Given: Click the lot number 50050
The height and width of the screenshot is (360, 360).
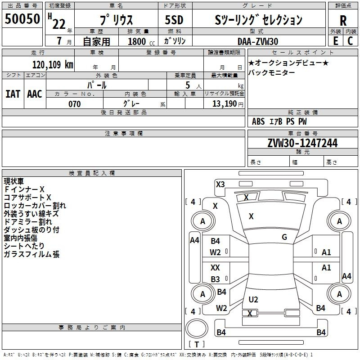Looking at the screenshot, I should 22,19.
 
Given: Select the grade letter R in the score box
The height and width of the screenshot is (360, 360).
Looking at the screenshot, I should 343,20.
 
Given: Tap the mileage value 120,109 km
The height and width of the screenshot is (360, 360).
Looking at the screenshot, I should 53,64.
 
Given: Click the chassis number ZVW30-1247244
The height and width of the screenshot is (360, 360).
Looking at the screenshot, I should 302,144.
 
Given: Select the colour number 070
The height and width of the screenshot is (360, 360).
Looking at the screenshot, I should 74,104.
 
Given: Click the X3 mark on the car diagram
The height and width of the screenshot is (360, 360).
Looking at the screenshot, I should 220,184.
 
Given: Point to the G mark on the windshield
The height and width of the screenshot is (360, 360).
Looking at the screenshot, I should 284,237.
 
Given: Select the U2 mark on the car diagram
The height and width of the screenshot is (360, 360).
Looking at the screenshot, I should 253,300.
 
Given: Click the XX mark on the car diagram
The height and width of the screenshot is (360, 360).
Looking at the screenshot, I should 216,268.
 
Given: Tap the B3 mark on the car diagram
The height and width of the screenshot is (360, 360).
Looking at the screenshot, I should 216,279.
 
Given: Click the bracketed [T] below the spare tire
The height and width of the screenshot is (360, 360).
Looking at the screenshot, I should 196,345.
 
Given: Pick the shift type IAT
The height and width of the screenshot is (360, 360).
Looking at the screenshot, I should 13,94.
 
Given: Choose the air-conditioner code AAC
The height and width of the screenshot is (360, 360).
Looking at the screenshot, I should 34,94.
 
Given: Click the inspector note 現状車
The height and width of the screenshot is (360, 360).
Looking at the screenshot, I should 13,181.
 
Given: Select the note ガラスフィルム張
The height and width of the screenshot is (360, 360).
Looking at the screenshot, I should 31,254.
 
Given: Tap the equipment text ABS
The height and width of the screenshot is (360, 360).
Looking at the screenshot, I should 258,121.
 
